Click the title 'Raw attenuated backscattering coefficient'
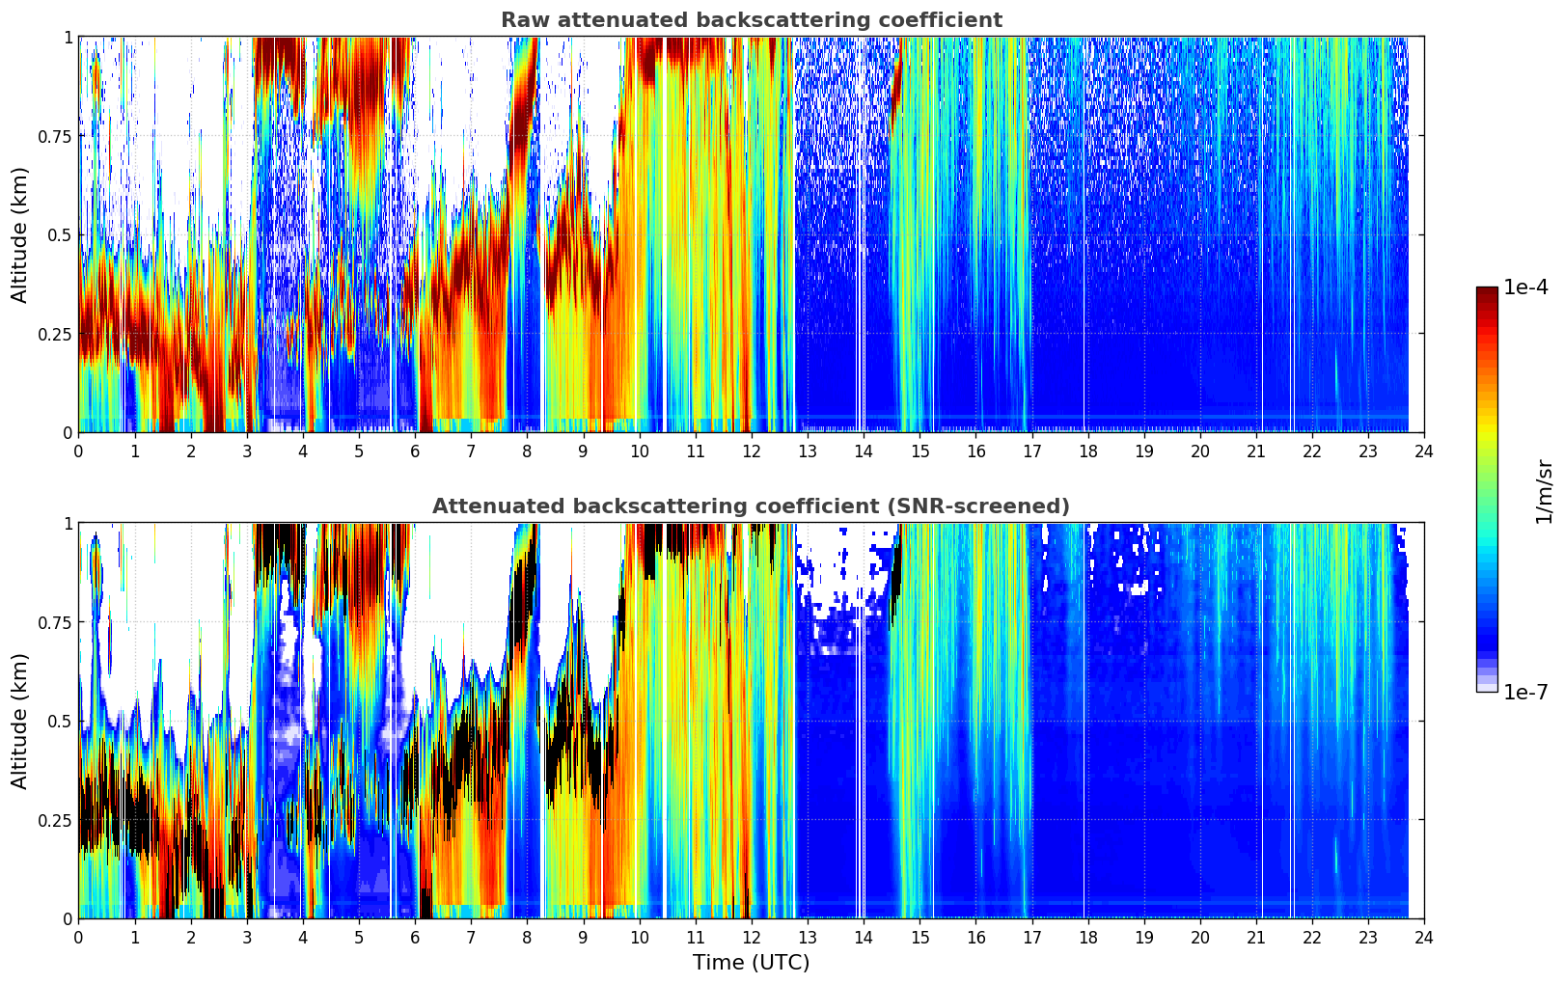point(751,20)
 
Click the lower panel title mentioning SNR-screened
point(751,506)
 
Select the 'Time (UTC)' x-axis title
point(751,963)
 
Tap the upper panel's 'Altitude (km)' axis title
point(20,234)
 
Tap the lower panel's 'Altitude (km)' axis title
point(20,721)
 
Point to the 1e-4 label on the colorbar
point(1525,287)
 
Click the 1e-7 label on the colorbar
point(1525,692)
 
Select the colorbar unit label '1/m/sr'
point(1544,490)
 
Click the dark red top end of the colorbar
point(1487,291)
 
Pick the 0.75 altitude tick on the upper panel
point(55,136)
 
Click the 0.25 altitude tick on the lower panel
point(55,820)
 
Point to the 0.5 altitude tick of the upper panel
point(61,235)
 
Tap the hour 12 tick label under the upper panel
point(751,451)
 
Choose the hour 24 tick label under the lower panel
point(1423,937)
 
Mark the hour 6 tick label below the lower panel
point(415,937)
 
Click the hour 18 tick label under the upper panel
point(1087,451)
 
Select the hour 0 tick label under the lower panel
point(79,937)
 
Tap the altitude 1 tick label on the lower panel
point(68,524)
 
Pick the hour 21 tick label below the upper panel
point(1255,451)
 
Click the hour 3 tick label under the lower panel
point(247,937)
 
